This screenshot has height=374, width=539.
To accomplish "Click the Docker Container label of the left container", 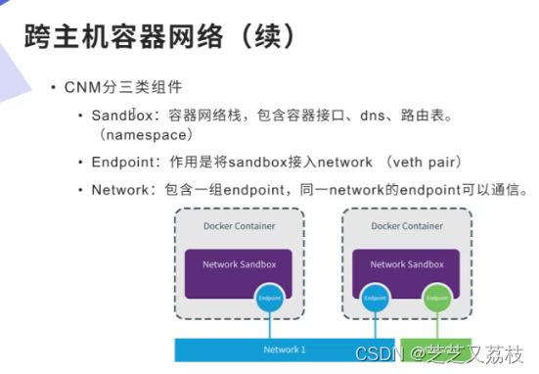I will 239,226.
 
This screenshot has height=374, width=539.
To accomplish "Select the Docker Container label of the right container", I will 408,226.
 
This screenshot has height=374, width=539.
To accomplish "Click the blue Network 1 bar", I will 284,350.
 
